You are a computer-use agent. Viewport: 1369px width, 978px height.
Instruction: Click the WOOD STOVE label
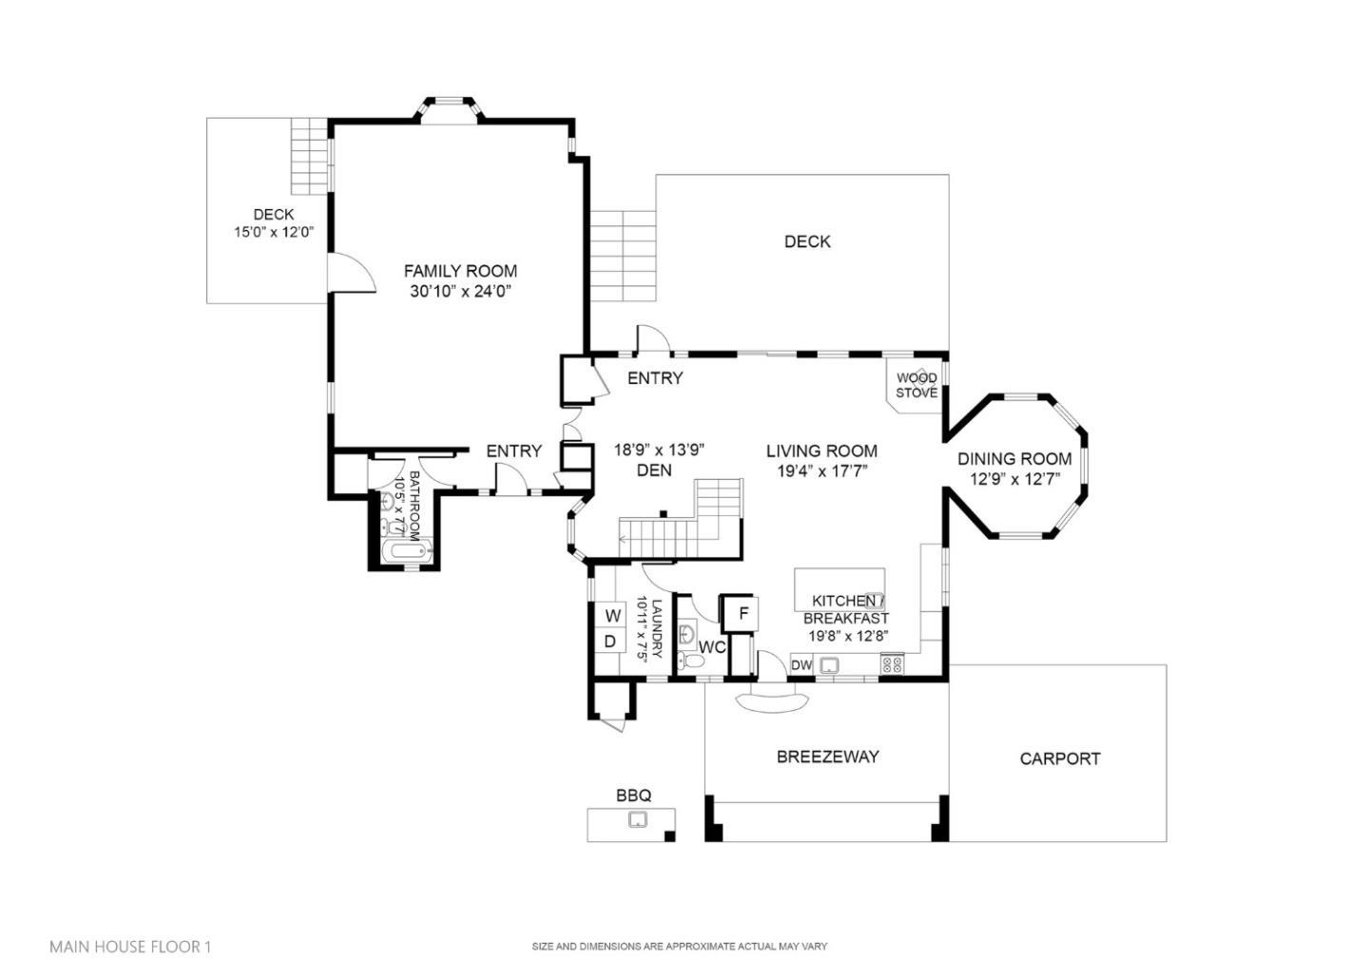916,385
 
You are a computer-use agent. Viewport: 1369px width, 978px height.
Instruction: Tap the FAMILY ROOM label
460,271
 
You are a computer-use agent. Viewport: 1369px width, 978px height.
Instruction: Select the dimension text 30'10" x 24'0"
460,293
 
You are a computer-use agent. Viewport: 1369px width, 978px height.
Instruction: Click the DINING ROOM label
1013,459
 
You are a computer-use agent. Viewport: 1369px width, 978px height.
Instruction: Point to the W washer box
612,616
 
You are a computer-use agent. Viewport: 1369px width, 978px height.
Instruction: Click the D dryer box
610,642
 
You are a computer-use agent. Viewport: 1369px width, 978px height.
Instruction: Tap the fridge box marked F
743,613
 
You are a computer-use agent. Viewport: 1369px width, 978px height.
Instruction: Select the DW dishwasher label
801,665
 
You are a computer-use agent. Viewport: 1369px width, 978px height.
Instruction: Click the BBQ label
633,796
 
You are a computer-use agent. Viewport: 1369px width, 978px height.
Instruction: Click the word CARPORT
1059,758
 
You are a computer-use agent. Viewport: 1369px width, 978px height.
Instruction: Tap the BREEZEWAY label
827,757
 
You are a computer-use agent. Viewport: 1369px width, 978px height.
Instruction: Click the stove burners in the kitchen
892,664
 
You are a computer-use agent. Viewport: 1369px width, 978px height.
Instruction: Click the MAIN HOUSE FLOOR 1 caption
130,947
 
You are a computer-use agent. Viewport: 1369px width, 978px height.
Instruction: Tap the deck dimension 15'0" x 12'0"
274,232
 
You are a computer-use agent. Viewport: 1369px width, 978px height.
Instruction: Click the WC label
712,648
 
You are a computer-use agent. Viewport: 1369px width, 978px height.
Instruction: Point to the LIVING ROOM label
821,451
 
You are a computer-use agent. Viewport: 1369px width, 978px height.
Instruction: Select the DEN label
654,470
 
